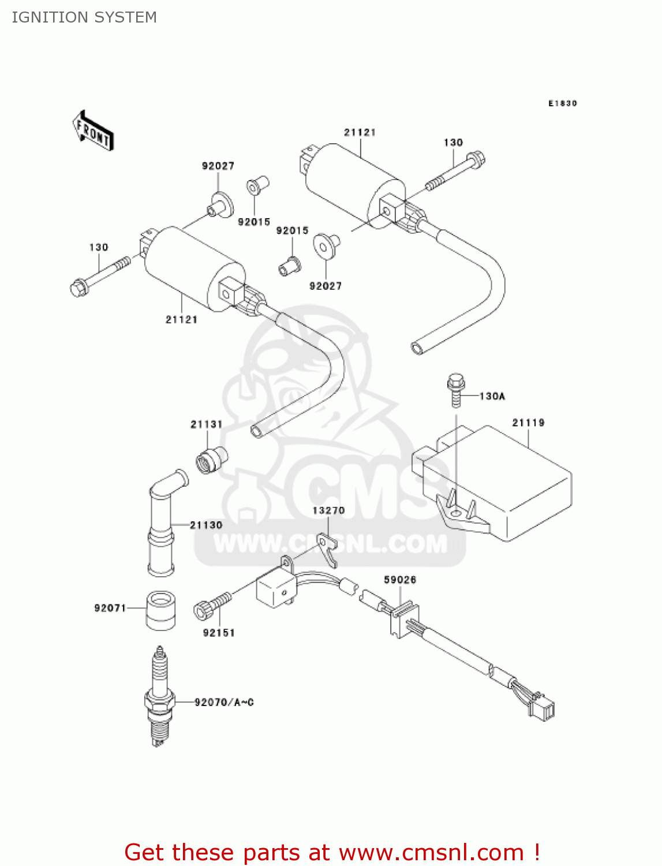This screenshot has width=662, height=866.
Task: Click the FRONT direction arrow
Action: coord(93,131)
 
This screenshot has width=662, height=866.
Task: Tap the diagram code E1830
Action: coord(562,103)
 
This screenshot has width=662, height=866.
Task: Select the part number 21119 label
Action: coord(528,423)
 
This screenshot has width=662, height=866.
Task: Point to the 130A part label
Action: coord(492,396)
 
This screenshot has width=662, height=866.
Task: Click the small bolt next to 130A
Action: coord(456,390)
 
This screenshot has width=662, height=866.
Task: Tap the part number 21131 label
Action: coord(206,424)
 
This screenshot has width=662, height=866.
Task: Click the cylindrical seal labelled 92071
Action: coord(161,610)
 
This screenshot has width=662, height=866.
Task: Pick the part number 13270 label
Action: coord(328,510)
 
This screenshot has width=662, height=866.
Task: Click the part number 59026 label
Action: coord(400,580)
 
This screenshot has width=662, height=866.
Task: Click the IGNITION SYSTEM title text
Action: coord(84,17)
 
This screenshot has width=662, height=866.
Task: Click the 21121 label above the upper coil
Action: coord(360,132)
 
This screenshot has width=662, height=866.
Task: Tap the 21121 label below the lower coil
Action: coord(181,319)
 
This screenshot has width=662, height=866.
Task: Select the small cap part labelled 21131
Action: coord(211,460)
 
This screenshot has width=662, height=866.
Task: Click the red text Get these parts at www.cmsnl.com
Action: coord(332,852)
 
